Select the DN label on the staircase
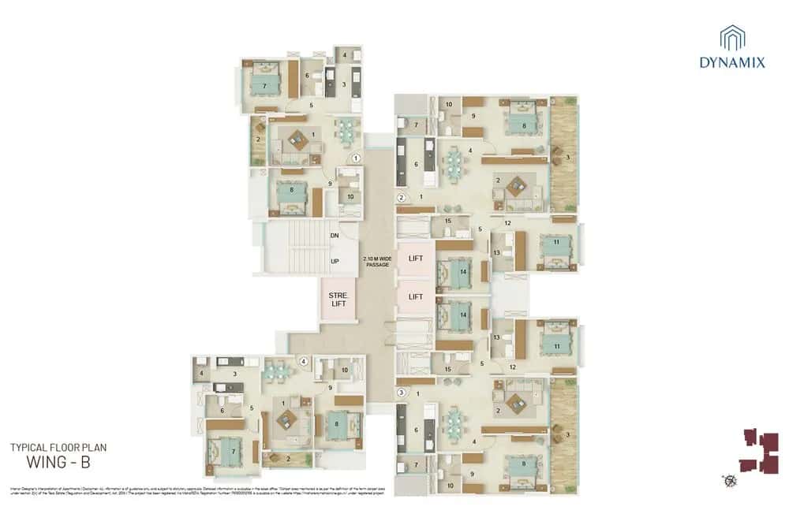pos(335,235)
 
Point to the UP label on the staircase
pos(335,261)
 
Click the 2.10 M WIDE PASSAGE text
pos(376,262)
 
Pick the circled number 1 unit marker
pos(356,158)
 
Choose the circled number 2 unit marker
pos(401,198)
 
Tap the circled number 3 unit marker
pos(401,392)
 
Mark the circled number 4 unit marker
pos(303,363)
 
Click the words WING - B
pos(59,462)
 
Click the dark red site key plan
pos(758,451)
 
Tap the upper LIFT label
pos(416,258)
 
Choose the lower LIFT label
pos(416,297)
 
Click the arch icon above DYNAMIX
pos(731,37)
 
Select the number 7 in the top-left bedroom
pos(264,84)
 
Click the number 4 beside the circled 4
pos(202,372)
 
